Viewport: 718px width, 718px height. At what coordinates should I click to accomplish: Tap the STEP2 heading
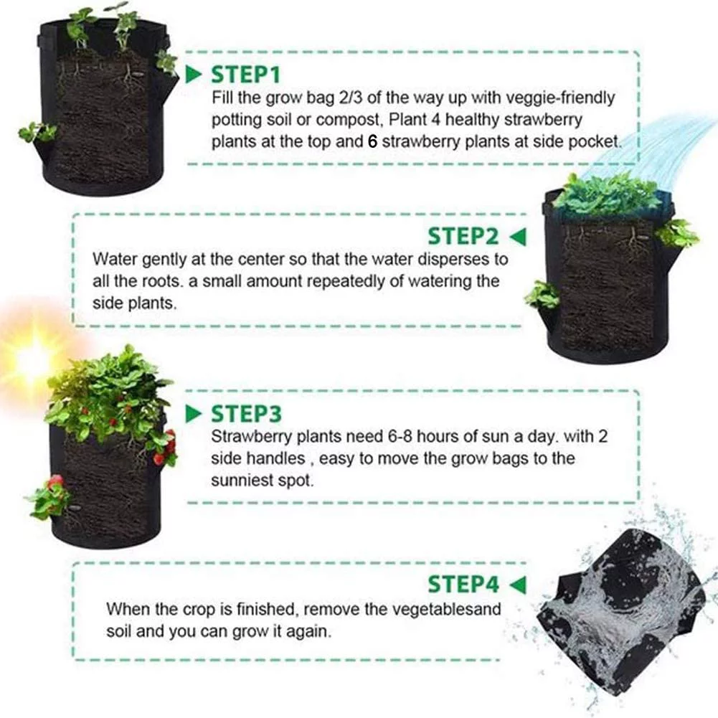[463, 236]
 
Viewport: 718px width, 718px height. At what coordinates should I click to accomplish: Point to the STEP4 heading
[463, 584]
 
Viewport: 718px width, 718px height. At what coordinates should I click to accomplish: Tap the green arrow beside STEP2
[517, 236]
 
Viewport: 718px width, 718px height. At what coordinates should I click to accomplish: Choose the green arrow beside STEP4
[517, 584]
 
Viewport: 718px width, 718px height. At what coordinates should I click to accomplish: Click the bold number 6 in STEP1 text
[372, 141]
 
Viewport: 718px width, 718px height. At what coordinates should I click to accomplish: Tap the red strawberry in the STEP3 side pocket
[55, 481]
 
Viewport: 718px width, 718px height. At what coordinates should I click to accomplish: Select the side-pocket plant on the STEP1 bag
[36, 133]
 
